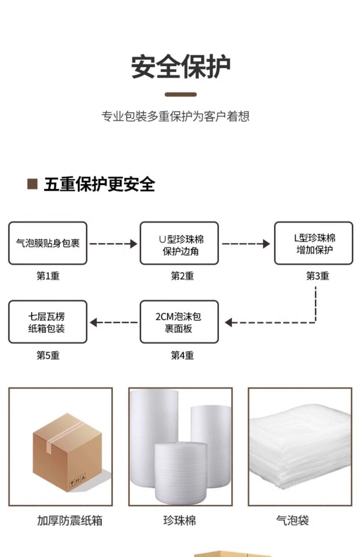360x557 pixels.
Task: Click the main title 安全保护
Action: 181,67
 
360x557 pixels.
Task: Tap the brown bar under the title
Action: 180,94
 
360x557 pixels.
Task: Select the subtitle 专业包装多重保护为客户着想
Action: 176,116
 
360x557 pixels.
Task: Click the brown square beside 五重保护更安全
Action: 32,184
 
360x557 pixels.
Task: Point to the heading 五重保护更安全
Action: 99,184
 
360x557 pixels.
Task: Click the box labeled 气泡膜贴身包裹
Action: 48,243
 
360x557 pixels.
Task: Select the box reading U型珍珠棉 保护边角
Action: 179,243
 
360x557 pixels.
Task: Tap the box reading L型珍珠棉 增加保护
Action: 314,243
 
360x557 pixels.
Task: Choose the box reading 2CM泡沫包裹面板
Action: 179,322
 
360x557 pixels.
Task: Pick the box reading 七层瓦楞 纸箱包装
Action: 48,322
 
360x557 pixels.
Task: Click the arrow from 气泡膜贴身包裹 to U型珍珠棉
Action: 113,244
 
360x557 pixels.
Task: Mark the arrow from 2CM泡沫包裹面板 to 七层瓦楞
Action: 113,322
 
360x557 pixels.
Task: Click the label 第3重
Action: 317,276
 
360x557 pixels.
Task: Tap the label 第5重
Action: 48,355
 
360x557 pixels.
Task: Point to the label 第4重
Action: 182,355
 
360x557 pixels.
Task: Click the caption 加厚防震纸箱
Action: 70,521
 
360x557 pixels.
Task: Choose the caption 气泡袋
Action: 292,521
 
